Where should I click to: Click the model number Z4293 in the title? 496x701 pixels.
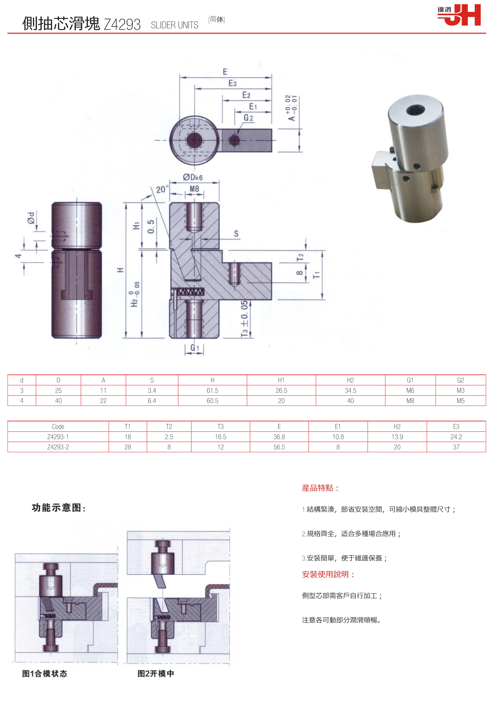[122, 24]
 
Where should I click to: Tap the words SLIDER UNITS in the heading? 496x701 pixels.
[174, 25]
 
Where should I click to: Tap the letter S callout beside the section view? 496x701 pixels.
[236, 234]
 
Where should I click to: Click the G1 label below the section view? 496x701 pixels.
[195, 348]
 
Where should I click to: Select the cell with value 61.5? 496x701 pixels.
[212, 390]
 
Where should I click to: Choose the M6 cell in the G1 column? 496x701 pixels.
[410, 390]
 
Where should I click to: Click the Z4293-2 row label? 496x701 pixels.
[58, 447]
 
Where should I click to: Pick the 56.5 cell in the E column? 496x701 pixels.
[279, 447]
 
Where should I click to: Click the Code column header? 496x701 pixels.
[58, 426]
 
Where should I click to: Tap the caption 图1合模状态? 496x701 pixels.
[45, 673]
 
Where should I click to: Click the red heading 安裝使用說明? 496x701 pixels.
[328, 574]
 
